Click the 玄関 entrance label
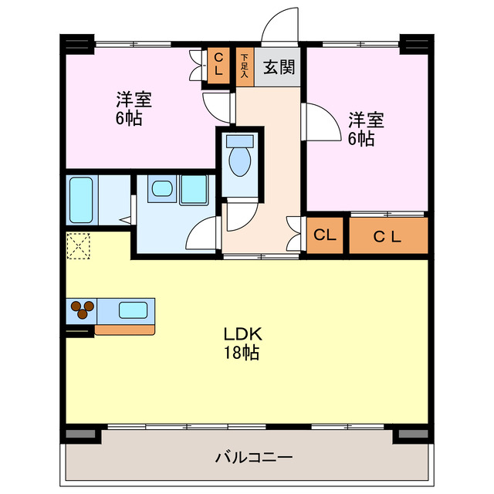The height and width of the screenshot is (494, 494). pos(279,68)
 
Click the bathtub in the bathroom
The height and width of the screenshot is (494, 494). pos(80,200)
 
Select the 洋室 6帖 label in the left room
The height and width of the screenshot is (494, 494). pos(134,109)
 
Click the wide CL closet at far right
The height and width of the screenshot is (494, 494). pos(387,236)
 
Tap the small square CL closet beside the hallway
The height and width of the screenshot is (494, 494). pos(326,236)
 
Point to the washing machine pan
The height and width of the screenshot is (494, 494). pos(194,190)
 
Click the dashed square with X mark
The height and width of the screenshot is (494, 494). pos(78,246)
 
